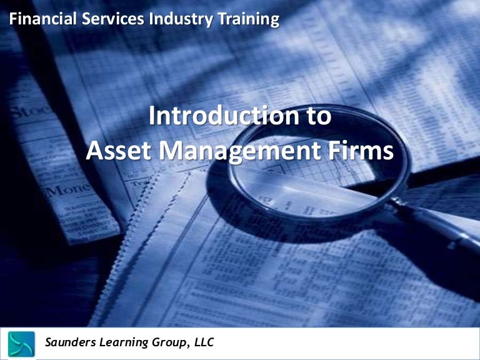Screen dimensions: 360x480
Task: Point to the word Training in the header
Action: [246, 19]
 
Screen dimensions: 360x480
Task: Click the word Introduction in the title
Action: [222, 117]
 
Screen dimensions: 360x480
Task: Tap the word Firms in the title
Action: [365, 151]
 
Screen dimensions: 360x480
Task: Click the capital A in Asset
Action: [94, 151]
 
